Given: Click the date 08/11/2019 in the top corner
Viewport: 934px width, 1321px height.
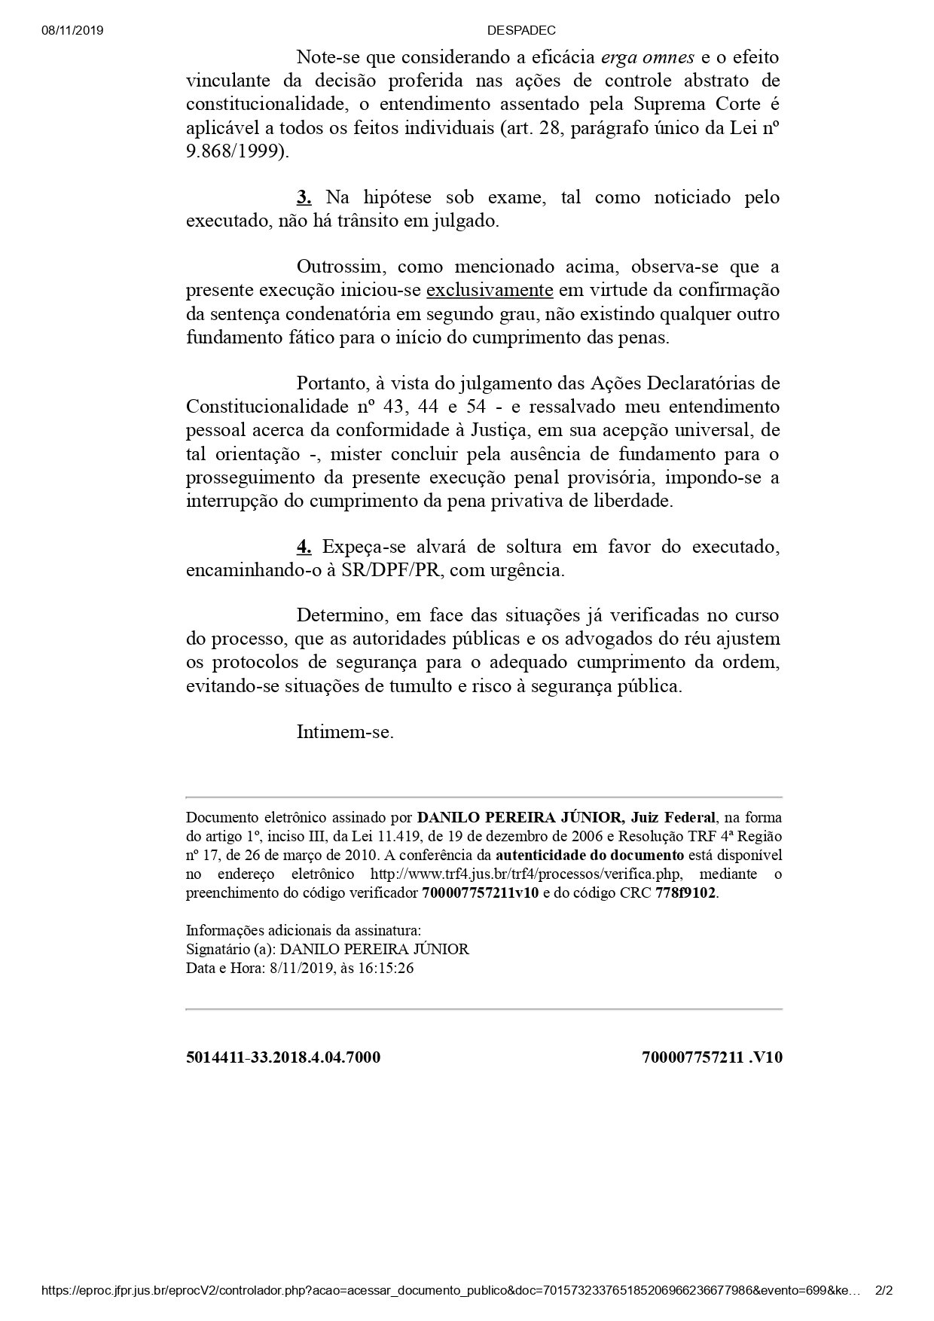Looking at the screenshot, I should coord(73,31).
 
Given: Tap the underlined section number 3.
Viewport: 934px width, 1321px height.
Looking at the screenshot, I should coord(304,197).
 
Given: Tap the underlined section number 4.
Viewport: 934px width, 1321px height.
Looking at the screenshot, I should coord(304,547).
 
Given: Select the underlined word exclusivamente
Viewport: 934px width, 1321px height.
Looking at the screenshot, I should coord(490,291).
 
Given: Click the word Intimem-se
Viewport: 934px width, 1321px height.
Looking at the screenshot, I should coord(345,732).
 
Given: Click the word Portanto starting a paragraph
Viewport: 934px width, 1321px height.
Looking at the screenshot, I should coord(331,383).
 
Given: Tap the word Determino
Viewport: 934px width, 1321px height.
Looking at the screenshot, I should coord(340,615).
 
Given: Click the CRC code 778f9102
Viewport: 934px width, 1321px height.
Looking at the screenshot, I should coord(685,893).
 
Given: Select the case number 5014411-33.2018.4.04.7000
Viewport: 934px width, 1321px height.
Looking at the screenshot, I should coord(283,1057).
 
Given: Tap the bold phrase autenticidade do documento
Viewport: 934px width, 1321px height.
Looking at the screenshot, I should coord(590,856).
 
